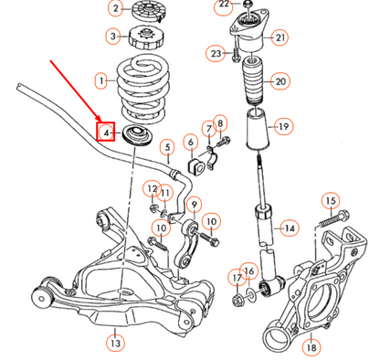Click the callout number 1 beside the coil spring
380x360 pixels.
coord(101,81)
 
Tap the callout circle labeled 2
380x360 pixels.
coord(115,9)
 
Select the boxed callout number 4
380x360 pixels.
coord(107,133)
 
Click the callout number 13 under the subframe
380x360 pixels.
coord(114,344)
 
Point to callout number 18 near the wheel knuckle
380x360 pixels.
coord(311,347)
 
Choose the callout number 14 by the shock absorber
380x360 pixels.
coord(289,228)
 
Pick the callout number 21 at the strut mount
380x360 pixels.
coord(280,37)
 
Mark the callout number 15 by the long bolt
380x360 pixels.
coord(330,201)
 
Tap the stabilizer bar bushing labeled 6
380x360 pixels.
coord(195,164)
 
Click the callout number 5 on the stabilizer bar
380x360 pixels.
coord(167,146)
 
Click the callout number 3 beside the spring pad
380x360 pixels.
coord(114,37)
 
